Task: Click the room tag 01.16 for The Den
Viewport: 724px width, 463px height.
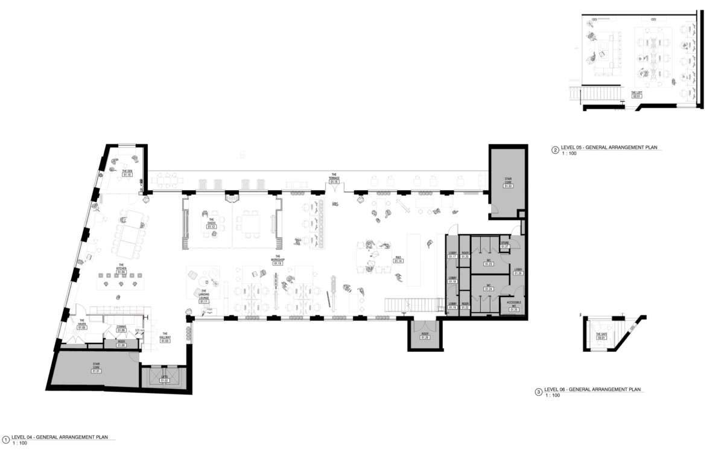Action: pos(127,174)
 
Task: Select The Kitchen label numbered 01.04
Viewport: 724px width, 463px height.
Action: pos(121,272)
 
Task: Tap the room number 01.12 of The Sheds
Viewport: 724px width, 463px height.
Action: pos(211,226)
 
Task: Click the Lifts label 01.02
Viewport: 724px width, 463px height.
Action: pos(164,380)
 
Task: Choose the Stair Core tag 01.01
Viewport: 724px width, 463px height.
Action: pos(96,371)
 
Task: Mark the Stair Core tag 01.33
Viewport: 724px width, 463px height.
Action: pos(508,186)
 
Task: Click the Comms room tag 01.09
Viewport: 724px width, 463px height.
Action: pos(121,330)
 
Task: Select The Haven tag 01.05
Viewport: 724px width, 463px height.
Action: pos(81,328)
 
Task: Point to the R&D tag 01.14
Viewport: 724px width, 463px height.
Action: pos(399,261)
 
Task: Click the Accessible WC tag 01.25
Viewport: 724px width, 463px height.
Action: pos(513,310)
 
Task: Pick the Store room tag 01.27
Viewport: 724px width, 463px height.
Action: pos(505,246)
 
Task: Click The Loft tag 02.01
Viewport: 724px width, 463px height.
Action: pos(637,96)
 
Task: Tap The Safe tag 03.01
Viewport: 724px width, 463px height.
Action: pos(601,337)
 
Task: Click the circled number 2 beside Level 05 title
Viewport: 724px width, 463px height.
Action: pos(555,151)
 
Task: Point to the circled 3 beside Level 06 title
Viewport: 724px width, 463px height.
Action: pos(538,392)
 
